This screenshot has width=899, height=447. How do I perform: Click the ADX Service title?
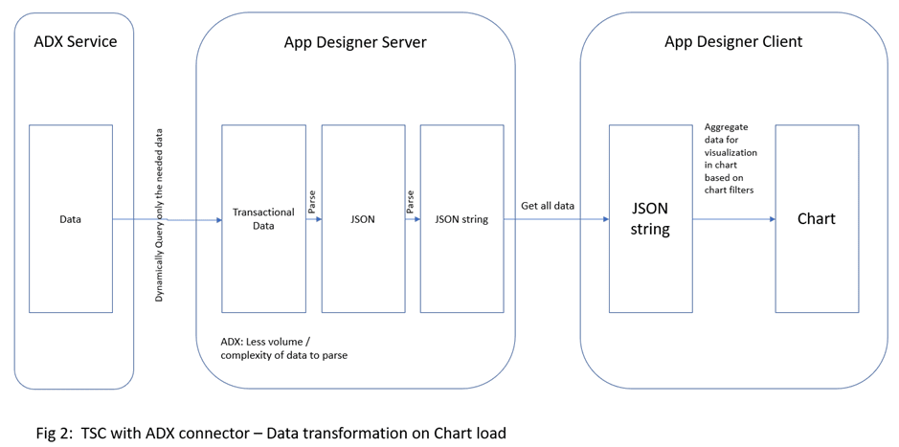(x=75, y=42)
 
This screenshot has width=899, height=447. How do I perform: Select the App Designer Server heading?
(x=355, y=42)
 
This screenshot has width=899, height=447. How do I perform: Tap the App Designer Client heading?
(x=733, y=42)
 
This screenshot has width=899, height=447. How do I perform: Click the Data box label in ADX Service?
(x=70, y=219)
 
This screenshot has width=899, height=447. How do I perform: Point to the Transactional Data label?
(x=263, y=219)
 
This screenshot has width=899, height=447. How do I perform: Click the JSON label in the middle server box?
(x=363, y=219)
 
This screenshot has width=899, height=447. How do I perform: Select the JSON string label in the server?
(x=461, y=219)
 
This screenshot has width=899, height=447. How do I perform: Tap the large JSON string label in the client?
(x=649, y=218)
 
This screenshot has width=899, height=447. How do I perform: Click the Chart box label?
(x=816, y=218)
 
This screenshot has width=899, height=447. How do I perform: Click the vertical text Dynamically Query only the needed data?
(x=160, y=215)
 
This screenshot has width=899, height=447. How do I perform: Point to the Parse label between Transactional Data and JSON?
(x=311, y=201)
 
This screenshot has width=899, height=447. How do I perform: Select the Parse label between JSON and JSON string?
(x=411, y=201)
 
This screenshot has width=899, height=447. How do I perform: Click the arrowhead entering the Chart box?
(x=771, y=219)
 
